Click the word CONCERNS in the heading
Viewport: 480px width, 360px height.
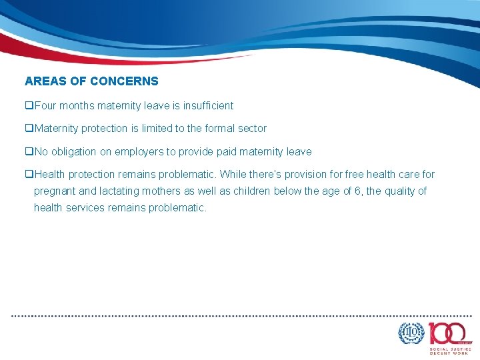point(124,81)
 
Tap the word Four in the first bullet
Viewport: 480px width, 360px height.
point(45,105)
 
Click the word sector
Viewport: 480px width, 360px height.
point(252,128)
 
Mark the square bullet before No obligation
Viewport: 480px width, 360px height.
point(29,151)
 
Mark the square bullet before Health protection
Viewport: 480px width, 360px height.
point(29,174)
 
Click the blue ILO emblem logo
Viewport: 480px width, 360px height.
point(411,333)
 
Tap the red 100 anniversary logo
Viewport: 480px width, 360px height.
point(449,333)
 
